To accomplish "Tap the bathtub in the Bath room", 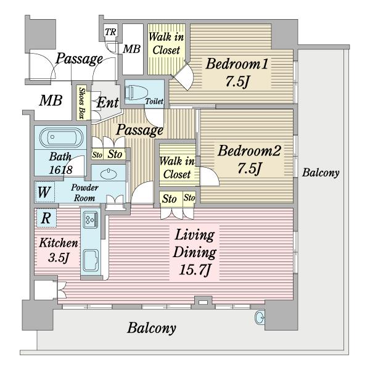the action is [61, 138].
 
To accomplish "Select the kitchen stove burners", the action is [91, 220].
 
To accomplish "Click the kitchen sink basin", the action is [91, 261].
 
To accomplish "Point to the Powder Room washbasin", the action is [109, 174].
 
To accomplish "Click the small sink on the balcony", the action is [260, 318].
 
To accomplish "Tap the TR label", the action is [110, 32].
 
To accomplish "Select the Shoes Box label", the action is [81, 103].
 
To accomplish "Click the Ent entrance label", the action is [107, 102].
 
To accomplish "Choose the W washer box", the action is [44, 192].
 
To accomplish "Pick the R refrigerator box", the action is [46, 218].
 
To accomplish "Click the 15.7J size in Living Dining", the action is [195, 269].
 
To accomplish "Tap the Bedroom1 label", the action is [237, 64].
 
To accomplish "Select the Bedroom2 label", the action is [249, 150].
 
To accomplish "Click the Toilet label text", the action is [154, 101].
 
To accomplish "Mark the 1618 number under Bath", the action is [60, 170].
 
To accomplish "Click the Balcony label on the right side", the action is [321, 173].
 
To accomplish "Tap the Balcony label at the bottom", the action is [152, 328].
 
